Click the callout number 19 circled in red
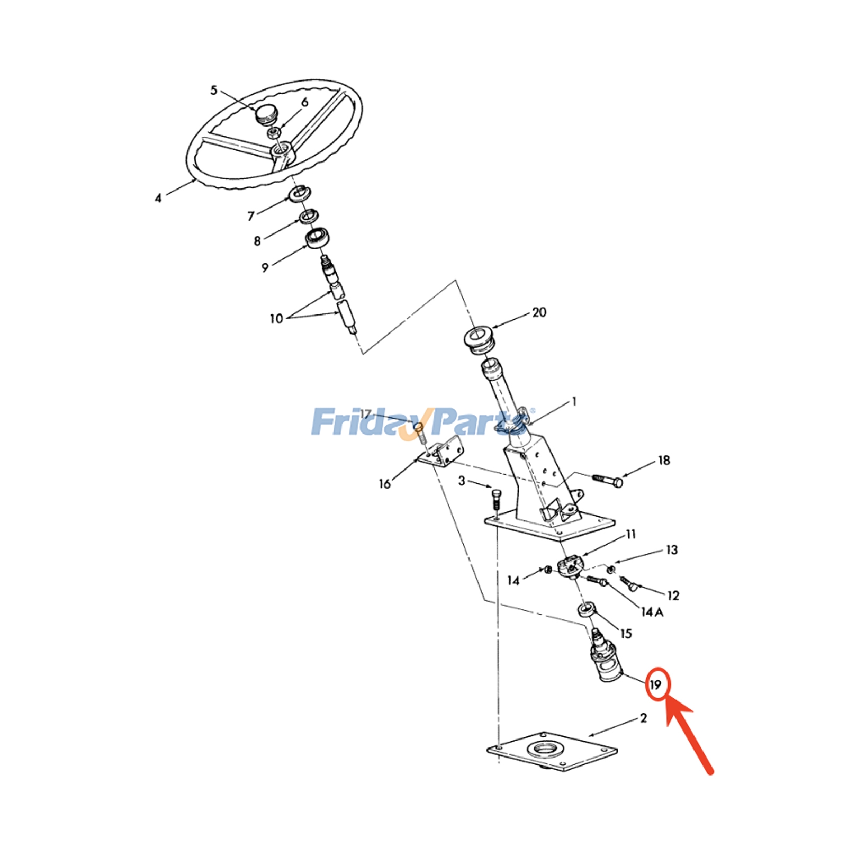click(656, 685)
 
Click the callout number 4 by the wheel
click(158, 199)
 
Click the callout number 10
click(276, 319)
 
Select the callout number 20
click(539, 312)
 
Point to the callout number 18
click(664, 461)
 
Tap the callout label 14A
click(652, 612)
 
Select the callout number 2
click(643, 718)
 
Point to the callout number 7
click(251, 216)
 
